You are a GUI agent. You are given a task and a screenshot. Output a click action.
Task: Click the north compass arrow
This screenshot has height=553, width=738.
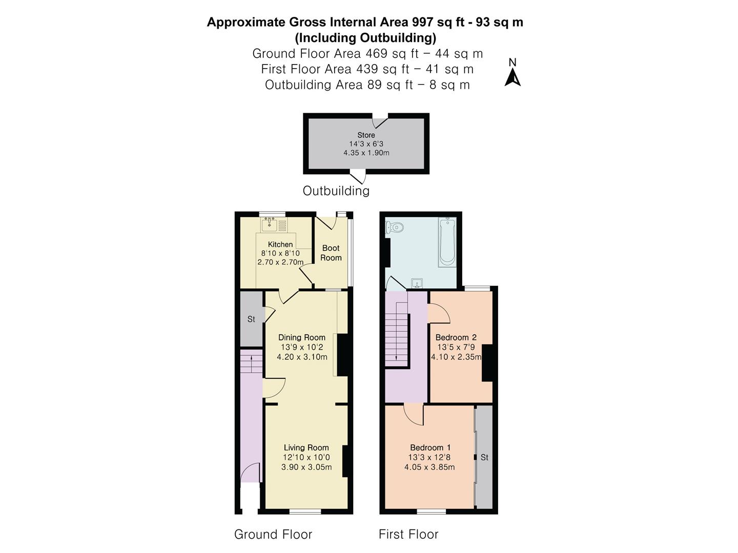(x=512, y=77)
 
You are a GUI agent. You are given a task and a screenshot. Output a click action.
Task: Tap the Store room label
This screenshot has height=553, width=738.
(x=366, y=135)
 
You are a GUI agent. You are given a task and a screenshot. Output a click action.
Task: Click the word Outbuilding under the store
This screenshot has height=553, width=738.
(x=336, y=191)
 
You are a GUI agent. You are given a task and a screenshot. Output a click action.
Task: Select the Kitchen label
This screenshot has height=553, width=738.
(x=280, y=244)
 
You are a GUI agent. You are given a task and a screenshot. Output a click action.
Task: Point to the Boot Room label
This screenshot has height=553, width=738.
(x=331, y=253)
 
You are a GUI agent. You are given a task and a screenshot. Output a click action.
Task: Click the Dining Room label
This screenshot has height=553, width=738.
(x=301, y=337)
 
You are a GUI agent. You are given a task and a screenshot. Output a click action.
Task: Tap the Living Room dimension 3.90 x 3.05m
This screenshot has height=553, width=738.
(x=306, y=467)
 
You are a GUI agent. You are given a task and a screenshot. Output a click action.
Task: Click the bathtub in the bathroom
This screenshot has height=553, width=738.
(x=447, y=242)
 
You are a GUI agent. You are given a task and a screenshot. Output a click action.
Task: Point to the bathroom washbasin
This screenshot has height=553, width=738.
(x=417, y=283)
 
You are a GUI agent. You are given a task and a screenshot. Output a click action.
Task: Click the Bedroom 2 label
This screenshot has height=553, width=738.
(x=456, y=337)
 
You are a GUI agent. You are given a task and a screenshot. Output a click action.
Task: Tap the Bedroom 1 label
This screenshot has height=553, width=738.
(x=430, y=448)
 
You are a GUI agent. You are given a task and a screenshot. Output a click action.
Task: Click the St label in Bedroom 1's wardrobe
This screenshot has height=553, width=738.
(x=484, y=457)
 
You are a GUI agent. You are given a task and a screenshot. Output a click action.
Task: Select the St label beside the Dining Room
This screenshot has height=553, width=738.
(x=251, y=319)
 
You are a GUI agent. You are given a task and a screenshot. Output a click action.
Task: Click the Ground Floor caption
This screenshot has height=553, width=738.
(x=273, y=535)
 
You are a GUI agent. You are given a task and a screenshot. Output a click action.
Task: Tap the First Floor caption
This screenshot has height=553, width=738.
(x=408, y=535)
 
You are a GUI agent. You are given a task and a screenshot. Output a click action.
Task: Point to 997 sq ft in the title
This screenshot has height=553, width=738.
(x=440, y=23)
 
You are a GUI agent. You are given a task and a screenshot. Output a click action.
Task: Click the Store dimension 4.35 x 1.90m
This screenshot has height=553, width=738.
(x=366, y=153)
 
